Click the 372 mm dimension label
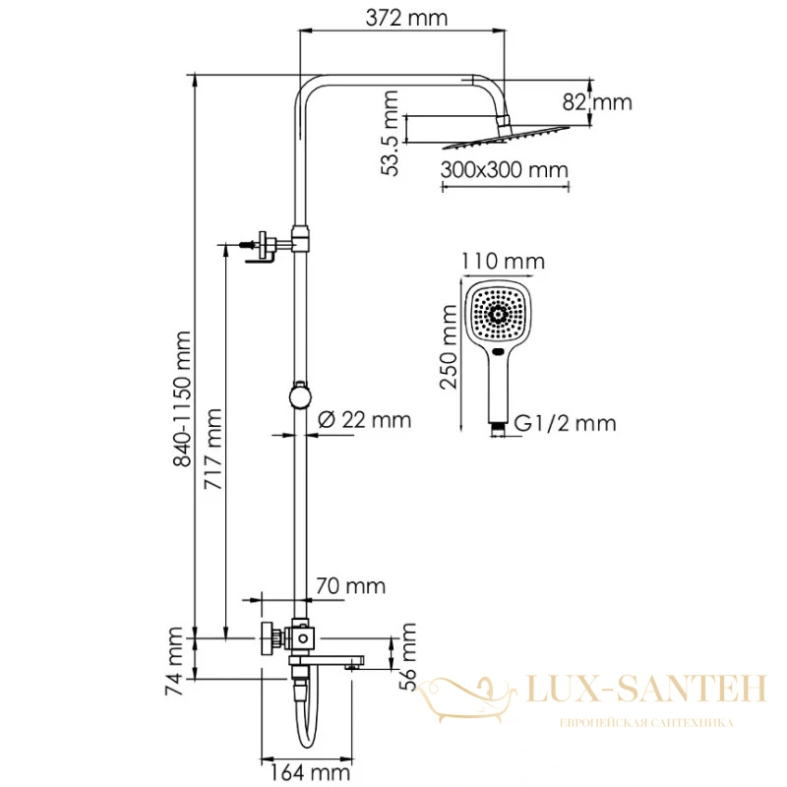pyautogui.click(x=406, y=19)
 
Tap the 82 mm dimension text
pyautogui.click(x=597, y=102)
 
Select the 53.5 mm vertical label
pyautogui.click(x=390, y=133)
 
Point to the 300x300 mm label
pyautogui.click(x=505, y=169)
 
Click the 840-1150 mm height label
pyautogui.click(x=182, y=399)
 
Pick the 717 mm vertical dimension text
pyautogui.click(x=212, y=450)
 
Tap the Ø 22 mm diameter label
pyautogui.click(x=365, y=420)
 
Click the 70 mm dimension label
pyautogui.click(x=351, y=585)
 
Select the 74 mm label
pyautogui.click(x=175, y=661)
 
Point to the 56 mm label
pyautogui.click(x=408, y=657)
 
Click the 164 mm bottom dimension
pyautogui.click(x=310, y=772)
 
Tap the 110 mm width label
pyautogui.click(x=503, y=262)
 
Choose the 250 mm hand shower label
pyautogui.click(x=449, y=346)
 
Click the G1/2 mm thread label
pyautogui.click(x=565, y=424)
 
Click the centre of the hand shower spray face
pyautogui.click(x=498, y=314)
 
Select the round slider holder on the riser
pyautogui.click(x=300, y=396)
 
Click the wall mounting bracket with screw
pyautogui.click(x=262, y=246)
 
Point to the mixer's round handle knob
pyautogui.click(x=268, y=638)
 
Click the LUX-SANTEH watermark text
pyautogui.click(x=646, y=688)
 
